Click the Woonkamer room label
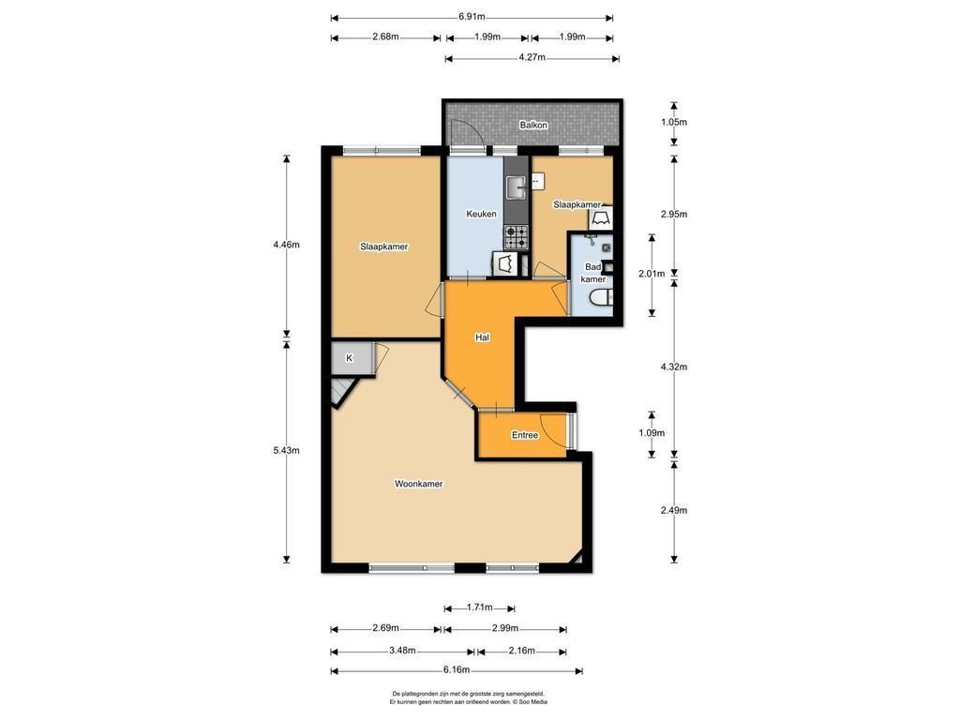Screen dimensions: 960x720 pos(418,484)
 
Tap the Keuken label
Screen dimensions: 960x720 pos(481,214)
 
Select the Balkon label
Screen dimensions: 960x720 pos(533,125)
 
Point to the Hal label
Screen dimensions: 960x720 pos(482,337)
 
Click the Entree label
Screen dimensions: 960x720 pos(525,435)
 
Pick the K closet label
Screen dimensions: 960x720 pos(349,358)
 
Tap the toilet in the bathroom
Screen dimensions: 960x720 pos(601,298)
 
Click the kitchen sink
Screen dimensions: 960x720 pos(517,187)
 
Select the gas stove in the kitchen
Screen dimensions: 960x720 pos(517,238)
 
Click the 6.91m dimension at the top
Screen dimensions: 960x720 pos(472,17)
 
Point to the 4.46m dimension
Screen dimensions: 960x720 pos(287,245)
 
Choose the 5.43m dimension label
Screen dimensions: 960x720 pos(287,451)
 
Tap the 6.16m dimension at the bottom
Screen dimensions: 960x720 pos(457,669)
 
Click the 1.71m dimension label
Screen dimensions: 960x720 pos(479,607)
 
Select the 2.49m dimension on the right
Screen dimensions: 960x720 pos(674,510)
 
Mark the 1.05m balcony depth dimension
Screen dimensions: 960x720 pos(674,122)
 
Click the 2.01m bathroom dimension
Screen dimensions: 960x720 pos(652,274)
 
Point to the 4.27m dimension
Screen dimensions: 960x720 pos(532,58)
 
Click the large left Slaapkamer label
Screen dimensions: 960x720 pos(383,247)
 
